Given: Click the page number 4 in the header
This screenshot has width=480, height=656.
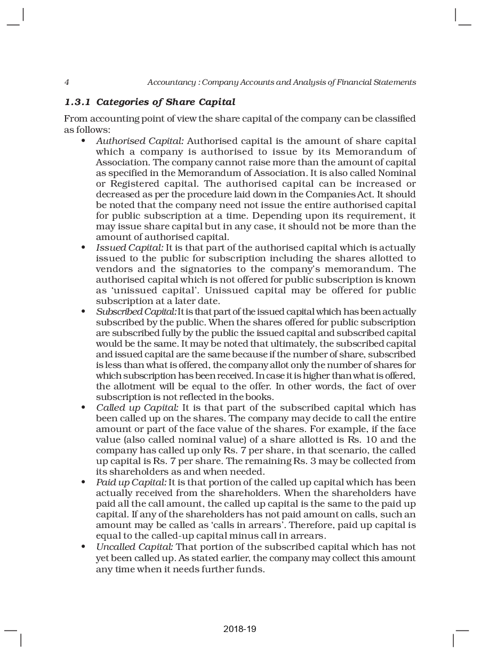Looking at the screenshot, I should coord(66,82).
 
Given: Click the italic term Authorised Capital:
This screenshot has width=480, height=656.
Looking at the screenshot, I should coord(140,141).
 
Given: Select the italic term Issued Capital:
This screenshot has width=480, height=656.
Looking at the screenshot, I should coord(130,247).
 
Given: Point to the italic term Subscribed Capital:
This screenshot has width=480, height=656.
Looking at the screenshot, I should coord(136,311).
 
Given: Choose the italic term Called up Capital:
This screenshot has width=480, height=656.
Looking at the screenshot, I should coord(137,407).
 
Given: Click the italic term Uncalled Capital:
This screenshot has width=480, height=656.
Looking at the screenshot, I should coord(134,547).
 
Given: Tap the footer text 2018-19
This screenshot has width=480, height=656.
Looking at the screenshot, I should coord(239,629).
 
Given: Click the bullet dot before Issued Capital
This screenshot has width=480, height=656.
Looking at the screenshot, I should coord(83,247).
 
